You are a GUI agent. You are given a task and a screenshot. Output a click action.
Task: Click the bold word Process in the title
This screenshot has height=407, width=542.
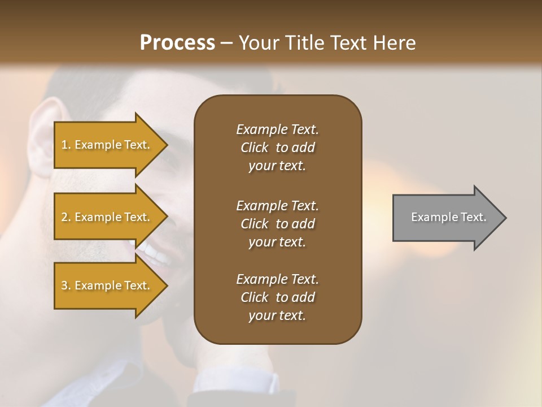[x=177, y=43]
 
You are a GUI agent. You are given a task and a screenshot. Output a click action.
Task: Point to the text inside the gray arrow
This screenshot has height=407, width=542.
[x=448, y=217]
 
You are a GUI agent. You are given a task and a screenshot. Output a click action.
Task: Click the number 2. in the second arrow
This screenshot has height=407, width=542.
[x=66, y=217]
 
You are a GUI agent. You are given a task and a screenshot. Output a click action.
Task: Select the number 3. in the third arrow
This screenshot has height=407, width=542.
[x=66, y=285]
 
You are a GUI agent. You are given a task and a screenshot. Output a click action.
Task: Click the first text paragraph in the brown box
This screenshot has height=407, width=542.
[x=277, y=148]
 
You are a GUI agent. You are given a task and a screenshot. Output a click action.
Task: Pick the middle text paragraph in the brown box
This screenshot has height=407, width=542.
[x=277, y=224]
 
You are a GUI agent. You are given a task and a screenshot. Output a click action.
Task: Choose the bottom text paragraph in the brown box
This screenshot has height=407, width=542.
[x=277, y=297]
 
